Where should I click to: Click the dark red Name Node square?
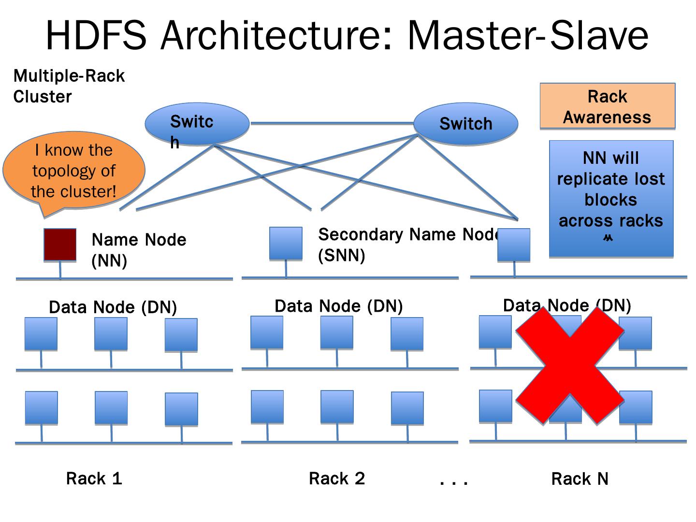[x=60, y=245]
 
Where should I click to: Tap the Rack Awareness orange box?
[x=607, y=107]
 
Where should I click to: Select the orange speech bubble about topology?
[x=73, y=172]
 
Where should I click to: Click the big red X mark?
[x=570, y=366]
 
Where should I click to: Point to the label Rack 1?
[x=94, y=478]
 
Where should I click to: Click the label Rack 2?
[x=337, y=478]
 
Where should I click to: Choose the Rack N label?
[x=580, y=479]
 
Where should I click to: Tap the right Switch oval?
[x=465, y=124]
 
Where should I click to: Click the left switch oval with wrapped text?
[x=197, y=125]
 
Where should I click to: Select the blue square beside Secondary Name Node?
[x=286, y=243]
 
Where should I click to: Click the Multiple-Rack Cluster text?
[x=69, y=86]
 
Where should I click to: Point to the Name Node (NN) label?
[x=139, y=250]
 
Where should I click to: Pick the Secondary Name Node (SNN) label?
[x=408, y=244]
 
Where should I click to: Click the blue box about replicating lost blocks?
[x=611, y=198]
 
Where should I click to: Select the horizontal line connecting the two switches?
[x=332, y=123]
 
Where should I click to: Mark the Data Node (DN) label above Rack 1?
[x=113, y=307]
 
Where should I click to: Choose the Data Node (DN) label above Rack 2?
[x=338, y=306]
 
